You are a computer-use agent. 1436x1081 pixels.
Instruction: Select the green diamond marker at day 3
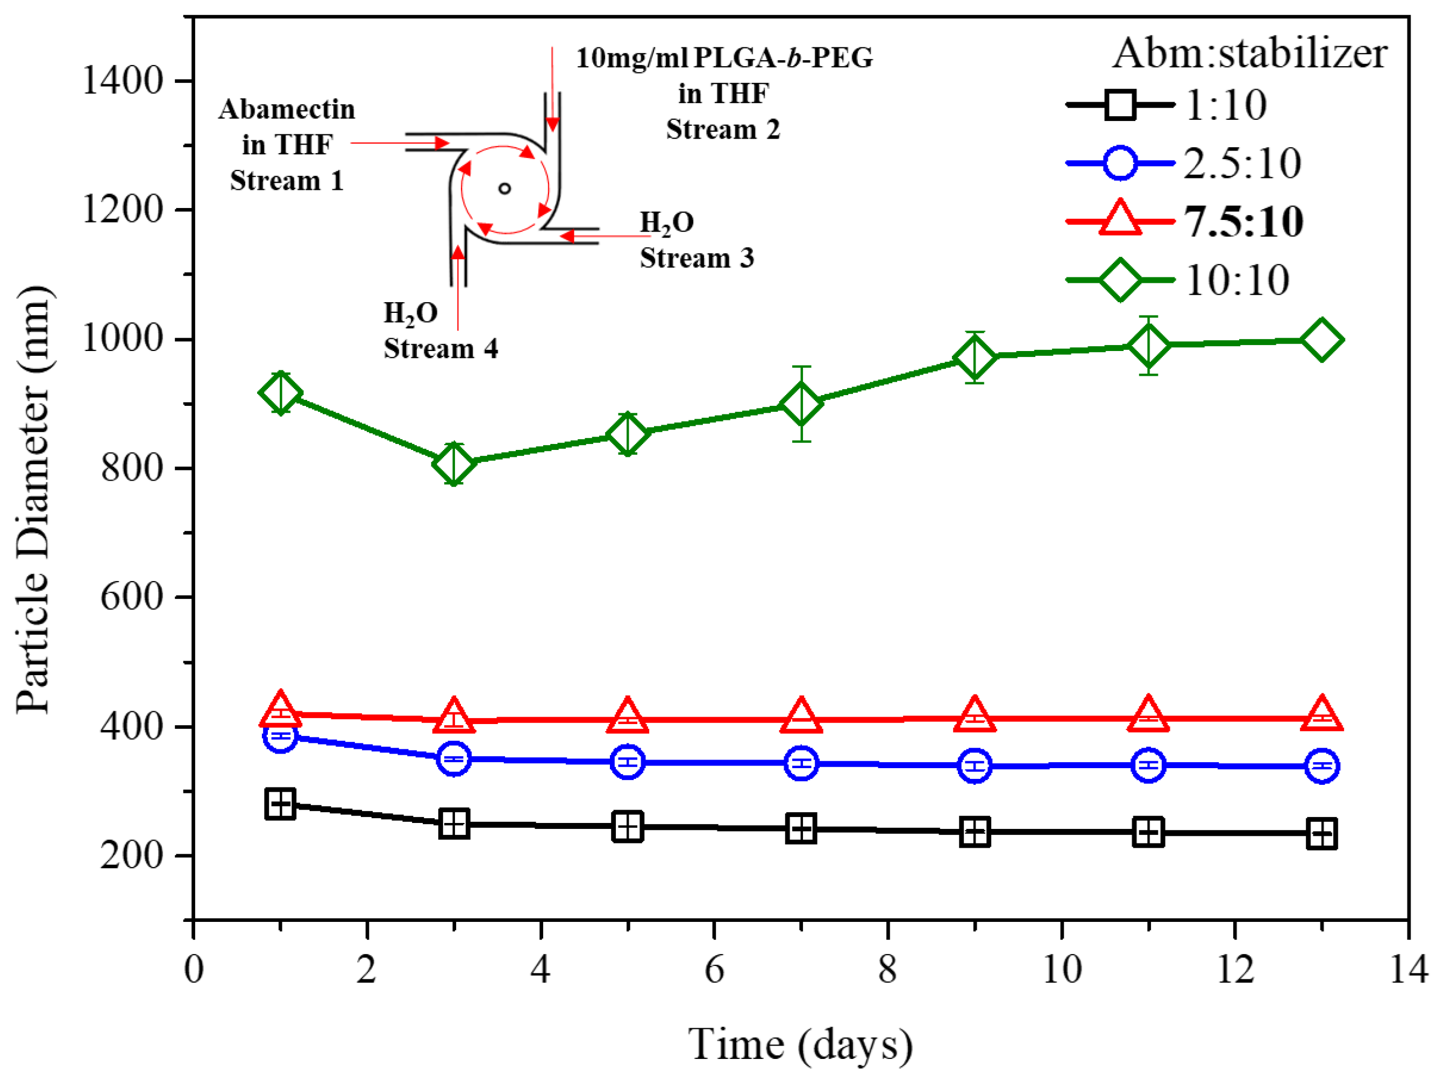click(454, 463)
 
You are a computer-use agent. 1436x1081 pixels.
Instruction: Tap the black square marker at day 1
click(280, 805)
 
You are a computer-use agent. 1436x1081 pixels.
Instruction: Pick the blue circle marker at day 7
click(801, 763)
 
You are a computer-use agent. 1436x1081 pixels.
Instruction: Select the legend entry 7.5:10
click(1243, 221)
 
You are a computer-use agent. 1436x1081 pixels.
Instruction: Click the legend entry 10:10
click(1236, 280)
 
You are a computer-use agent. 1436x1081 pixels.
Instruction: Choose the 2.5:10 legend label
click(1242, 163)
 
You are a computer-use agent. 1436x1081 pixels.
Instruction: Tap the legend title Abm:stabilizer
click(1250, 53)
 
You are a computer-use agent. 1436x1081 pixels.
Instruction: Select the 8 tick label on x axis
click(887, 970)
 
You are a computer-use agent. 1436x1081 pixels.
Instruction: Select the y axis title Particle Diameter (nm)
click(34, 499)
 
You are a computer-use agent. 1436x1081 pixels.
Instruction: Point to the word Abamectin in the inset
click(287, 109)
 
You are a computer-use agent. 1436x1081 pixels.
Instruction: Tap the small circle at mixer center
click(504, 188)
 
